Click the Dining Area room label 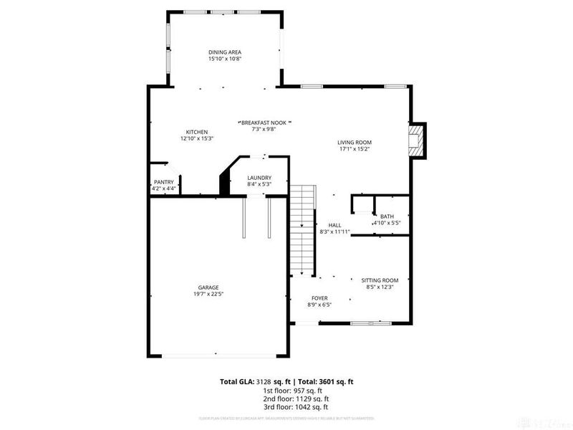click(224, 52)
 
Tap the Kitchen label click(197, 132)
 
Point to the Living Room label click(355, 142)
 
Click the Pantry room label click(163, 183)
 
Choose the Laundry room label click(259, 178)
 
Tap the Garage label click(208, 287)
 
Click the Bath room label click(387, 216)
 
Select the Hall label click(334, 225)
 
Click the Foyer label click(319, 297)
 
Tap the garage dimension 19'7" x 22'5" click(208, 294)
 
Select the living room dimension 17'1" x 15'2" click(355, 149)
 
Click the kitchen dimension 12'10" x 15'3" click(197, 138)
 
